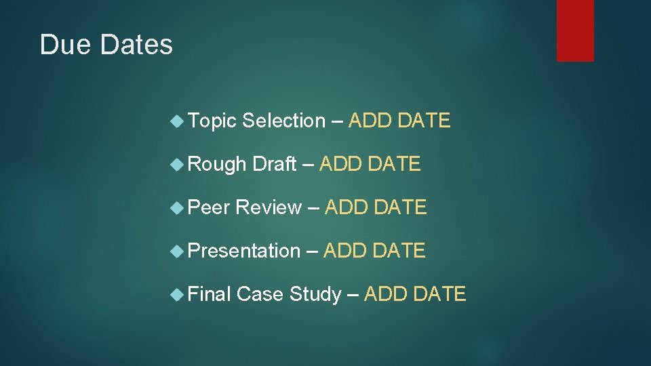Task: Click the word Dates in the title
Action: click(136, 45)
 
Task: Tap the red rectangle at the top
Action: click(575, 30)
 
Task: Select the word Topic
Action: click(212, 121)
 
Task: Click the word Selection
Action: click(283, 121)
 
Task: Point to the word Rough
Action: click(217, 164)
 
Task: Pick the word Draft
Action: click(274, 164)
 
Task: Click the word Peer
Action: click(210, 207)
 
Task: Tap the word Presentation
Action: click(243, 251)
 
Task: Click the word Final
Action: click(210, 294)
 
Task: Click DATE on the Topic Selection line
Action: click(424, 121)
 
